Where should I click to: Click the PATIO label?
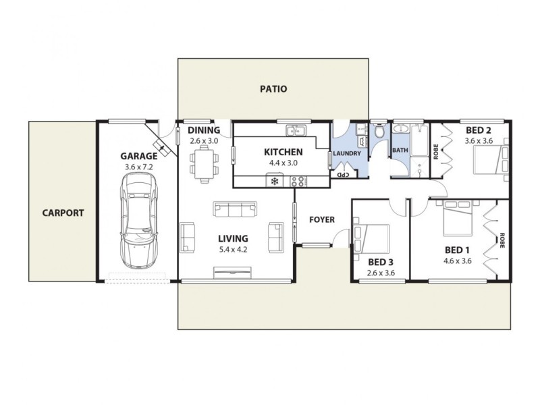273,88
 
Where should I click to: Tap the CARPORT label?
63,213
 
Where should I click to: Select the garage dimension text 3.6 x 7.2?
138,166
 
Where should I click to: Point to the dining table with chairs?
204,164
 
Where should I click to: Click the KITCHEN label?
283,152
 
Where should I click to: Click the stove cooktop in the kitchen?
298,180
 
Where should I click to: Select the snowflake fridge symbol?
275,180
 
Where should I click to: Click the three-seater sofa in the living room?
235,209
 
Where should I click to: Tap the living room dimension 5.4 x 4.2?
233,250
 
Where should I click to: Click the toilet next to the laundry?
379,132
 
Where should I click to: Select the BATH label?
400,151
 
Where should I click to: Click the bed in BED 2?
490,162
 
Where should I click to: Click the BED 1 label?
456,249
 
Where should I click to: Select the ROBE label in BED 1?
502,241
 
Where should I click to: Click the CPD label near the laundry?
342,174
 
